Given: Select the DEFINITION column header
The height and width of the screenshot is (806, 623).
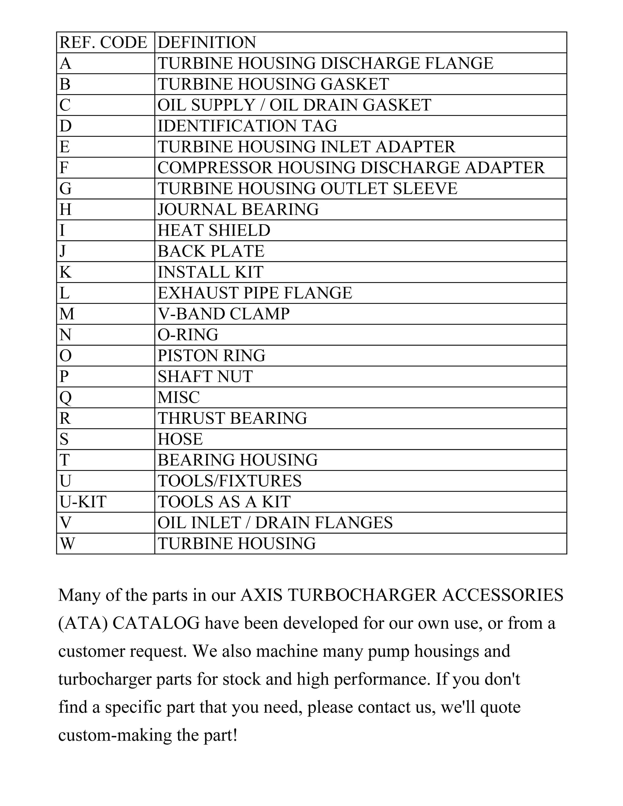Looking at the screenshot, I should tap(207, 42).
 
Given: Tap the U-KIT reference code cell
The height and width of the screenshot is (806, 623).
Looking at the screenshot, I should tap(83, 501).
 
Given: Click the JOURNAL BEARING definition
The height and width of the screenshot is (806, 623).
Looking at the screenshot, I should tap(238, 209).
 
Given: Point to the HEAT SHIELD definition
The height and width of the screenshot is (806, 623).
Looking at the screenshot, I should tap(214, 230).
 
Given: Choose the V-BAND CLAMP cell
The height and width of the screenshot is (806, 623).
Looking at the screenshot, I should tap(224, 314).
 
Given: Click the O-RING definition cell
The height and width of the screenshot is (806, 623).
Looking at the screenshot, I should tap(188, 335).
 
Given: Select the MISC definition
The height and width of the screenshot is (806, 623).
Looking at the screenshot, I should tap(179, 397).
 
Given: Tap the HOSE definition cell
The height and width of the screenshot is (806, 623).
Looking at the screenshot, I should tap(180, 439).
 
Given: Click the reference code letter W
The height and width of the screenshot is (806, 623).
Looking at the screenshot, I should tap(67, 544).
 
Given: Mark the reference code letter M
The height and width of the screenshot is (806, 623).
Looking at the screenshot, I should tap(67, 314).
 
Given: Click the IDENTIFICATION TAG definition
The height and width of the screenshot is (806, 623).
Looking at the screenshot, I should tap(247, 126).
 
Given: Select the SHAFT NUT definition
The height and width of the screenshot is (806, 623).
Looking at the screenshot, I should tap(205, 376).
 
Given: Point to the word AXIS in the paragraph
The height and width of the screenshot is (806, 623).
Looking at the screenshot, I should tap(261, 595).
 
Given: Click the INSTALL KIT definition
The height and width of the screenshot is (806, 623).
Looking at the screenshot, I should tap(210, 272).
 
